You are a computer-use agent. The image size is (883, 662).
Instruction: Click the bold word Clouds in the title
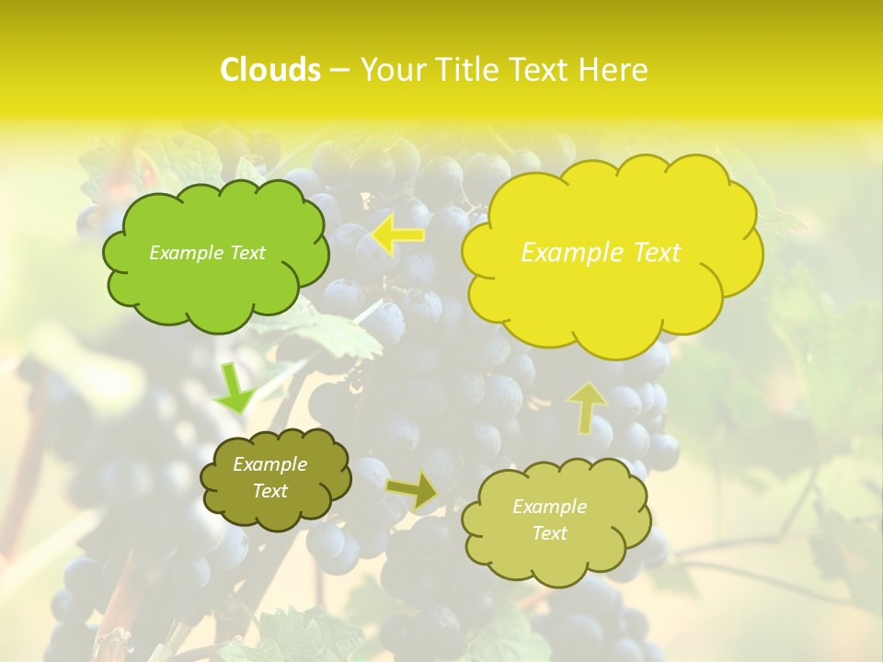[x=269, y=70]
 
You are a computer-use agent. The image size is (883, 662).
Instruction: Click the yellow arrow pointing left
[x=398, y=235]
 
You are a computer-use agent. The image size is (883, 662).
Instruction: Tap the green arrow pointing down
[x=235, y=390]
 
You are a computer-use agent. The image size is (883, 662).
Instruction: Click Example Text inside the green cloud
[x=207, y=253]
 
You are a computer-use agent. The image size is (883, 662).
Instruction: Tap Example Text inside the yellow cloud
[x=601, y=253]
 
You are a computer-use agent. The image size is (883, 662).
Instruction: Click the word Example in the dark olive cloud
[x=269, y=464]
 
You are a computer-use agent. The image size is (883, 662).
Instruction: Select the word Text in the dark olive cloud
[x=269, y=491]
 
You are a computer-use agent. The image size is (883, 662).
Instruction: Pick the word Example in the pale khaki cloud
[x=549, y=507]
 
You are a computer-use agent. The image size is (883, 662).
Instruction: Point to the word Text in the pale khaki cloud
[x=549, y=533]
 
